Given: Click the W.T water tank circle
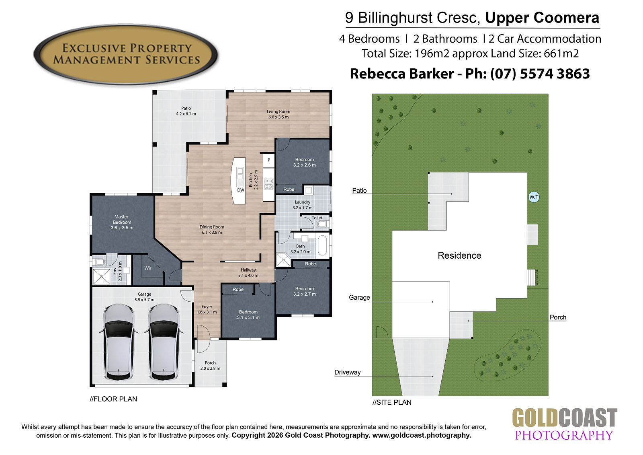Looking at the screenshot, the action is click(534, 197).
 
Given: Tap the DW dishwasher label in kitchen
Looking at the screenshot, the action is click(241, 190).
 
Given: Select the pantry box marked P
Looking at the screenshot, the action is click(269, 160).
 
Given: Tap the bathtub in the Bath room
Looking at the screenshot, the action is click(323, 245).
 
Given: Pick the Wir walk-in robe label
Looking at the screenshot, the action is click(148, 268).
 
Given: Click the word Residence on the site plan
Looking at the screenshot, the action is click(459, 255).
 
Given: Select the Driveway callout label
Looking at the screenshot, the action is click(347, 372).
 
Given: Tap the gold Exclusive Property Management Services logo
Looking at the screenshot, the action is click(126, 54).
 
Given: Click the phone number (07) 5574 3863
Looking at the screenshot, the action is click(540, 74).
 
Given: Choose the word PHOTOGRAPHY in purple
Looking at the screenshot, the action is click(563, 435).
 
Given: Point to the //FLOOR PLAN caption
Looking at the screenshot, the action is click(113, 399).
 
